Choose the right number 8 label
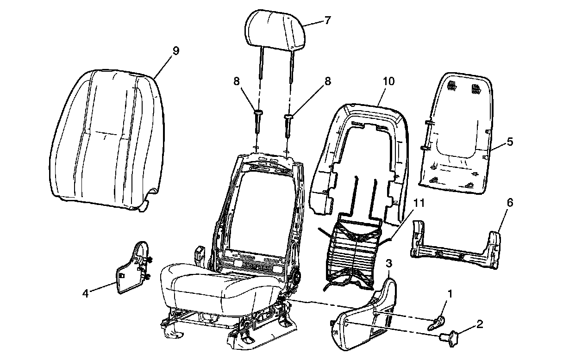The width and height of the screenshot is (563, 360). tap(328, 81)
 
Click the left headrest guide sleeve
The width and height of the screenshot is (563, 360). tap(257, 122)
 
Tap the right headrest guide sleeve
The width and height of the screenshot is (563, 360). tap(288, 124)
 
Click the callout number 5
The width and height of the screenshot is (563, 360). tap(510, 142)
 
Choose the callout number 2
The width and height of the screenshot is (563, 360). tap(480, 323)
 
